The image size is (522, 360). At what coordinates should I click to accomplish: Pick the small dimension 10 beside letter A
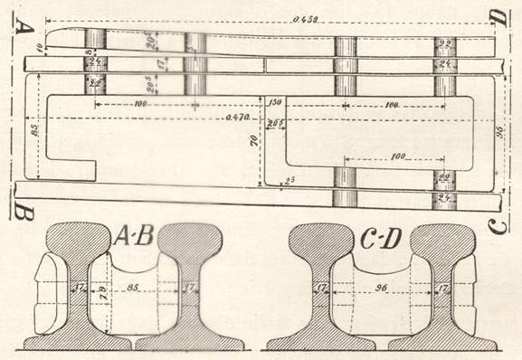tap(41, 46)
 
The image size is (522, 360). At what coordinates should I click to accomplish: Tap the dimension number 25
tap(289, 182)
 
